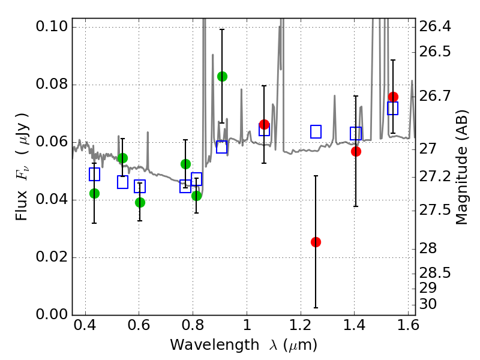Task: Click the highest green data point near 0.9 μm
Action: [222, 76]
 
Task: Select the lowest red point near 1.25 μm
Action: [316, 242]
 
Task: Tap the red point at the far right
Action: [393, 97]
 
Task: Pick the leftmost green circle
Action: [94, 193]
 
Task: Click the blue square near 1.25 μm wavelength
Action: [316, 131]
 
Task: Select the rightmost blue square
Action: [393, 109]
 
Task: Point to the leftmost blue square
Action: [94, 175]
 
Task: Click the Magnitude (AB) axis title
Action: [461, 167]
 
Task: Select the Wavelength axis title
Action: [243, 345]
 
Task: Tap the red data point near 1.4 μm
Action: [356, 151]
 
